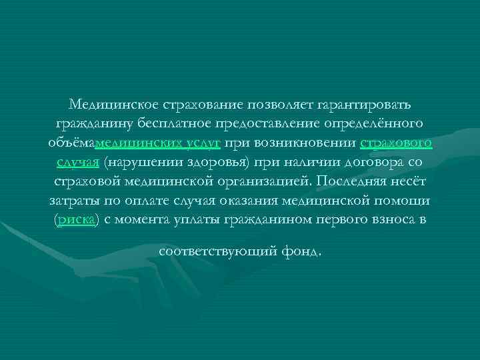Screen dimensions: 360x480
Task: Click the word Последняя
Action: point(357,181)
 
